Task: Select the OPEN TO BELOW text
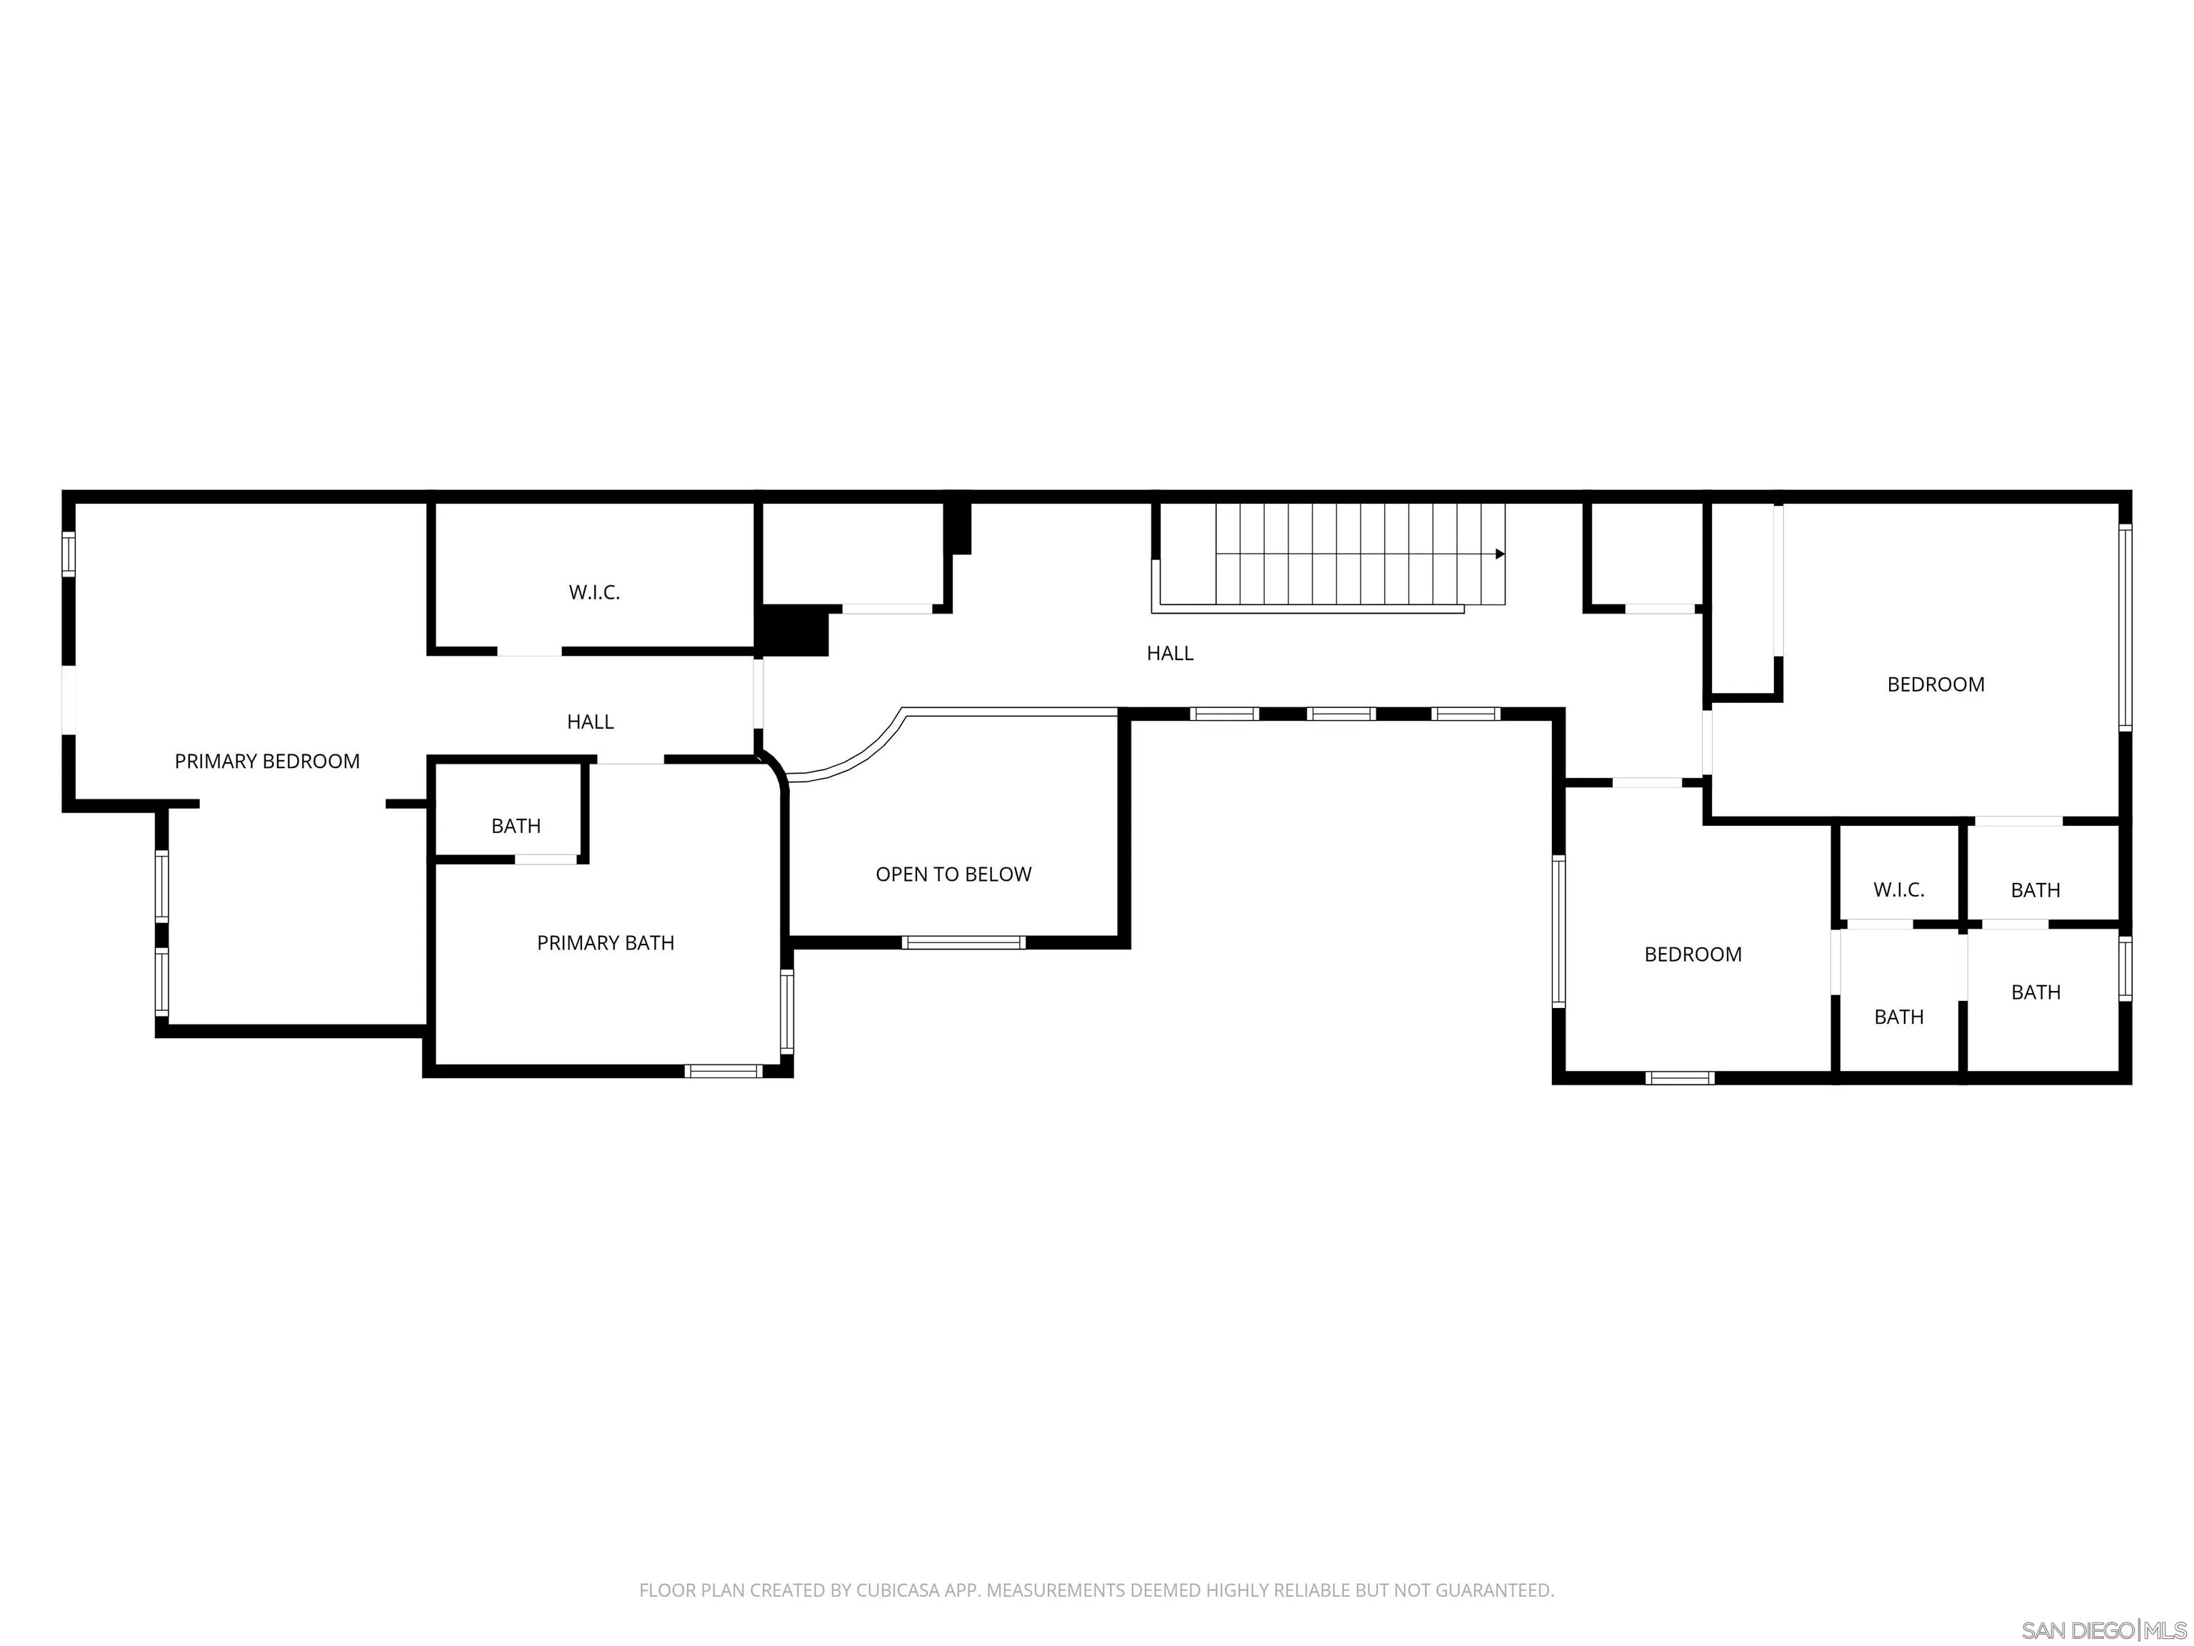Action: (953, 874)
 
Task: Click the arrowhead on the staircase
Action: (1500, 554)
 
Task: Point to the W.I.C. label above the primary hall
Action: (594, 592)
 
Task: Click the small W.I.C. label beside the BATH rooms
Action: (1898, 890)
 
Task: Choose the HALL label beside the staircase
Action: (1169, 653)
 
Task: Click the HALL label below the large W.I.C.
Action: (590, 722)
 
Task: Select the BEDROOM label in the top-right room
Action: (1935, 684)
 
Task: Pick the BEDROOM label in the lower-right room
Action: (1692, 954)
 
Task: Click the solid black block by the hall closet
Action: (793, 631)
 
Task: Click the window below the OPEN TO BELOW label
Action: (963, 942)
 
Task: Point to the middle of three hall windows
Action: (1341, 714)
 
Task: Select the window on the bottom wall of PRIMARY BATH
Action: (723, 1071)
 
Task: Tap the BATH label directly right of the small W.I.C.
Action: (2035, 890)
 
